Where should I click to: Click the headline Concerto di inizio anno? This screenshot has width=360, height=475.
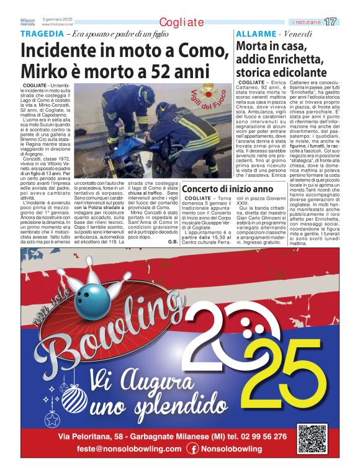pos(227,189)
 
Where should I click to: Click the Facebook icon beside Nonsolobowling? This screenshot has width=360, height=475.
pos(193,449)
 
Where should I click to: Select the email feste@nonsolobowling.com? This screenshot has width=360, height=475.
pos(120,449)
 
